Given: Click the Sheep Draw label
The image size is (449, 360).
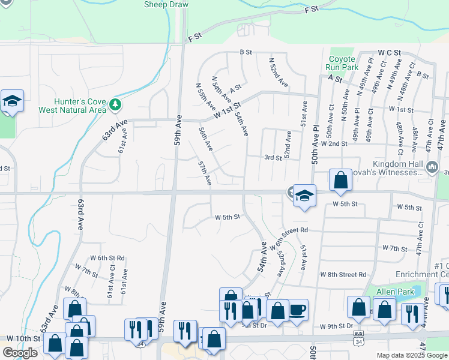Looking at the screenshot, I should tap(166, 5).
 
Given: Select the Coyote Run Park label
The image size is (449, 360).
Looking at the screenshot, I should tap(343, 63).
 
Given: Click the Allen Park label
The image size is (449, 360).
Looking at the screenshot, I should tap(396, 292).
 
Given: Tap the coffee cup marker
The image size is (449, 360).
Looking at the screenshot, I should tap(298, 310).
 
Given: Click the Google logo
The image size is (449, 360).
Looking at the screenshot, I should tap(20, 353).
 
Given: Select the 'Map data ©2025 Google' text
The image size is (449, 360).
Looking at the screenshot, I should tap(412, 355).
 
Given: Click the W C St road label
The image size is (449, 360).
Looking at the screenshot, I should tap(389, 54).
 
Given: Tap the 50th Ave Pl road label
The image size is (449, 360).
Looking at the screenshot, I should tap(315, 146).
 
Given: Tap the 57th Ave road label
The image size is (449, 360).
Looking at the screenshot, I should tap(205, 172).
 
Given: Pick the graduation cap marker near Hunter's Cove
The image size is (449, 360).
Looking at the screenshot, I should tap(11, 101).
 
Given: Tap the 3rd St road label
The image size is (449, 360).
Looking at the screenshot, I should tap(273, 158).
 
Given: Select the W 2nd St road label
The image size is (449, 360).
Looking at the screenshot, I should tap(334, 144).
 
